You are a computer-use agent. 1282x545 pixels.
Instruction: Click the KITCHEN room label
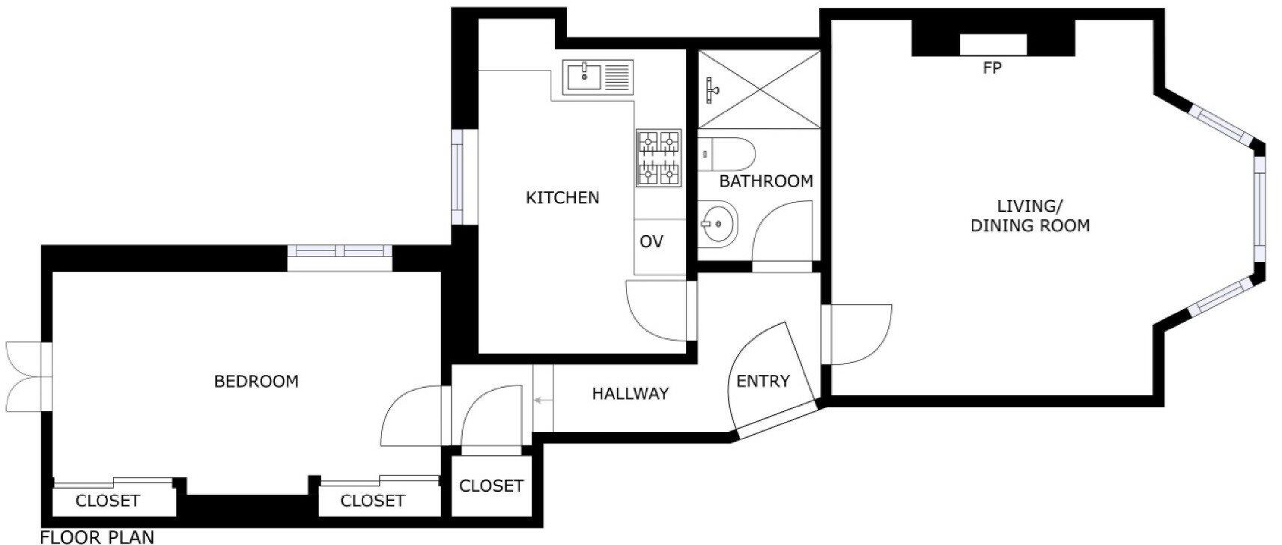coord(562,198)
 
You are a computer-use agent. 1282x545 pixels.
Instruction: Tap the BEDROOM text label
coord(256,381)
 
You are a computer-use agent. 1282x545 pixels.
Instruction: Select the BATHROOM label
coord(765,181)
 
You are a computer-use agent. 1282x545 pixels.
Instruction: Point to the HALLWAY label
coord(630,394)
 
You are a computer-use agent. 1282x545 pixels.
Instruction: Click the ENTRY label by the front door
coord(763,381)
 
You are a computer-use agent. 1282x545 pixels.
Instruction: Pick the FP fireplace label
coord(992,68)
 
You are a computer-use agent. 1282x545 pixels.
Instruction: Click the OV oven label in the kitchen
coord(651,242)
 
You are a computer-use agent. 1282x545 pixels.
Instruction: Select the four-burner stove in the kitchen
coord(658,157)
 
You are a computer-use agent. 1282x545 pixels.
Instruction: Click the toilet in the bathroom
coord(730,153)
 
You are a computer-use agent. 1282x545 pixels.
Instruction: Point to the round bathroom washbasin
coord(718,223)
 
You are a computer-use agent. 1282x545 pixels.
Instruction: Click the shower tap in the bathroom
coord(711,91)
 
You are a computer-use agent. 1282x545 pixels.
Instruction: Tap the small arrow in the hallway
coord(540,401)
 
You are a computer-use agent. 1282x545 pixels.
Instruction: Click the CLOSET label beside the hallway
coord(490,486)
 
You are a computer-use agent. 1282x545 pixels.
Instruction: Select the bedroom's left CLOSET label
coord(107,501)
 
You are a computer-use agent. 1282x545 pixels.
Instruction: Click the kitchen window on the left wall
coord(458,177)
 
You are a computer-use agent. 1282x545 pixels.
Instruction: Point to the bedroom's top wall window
coord(339,251)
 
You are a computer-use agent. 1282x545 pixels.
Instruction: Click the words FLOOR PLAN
coord(97,537)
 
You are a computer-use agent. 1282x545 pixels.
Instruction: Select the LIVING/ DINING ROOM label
coord(1030,216)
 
